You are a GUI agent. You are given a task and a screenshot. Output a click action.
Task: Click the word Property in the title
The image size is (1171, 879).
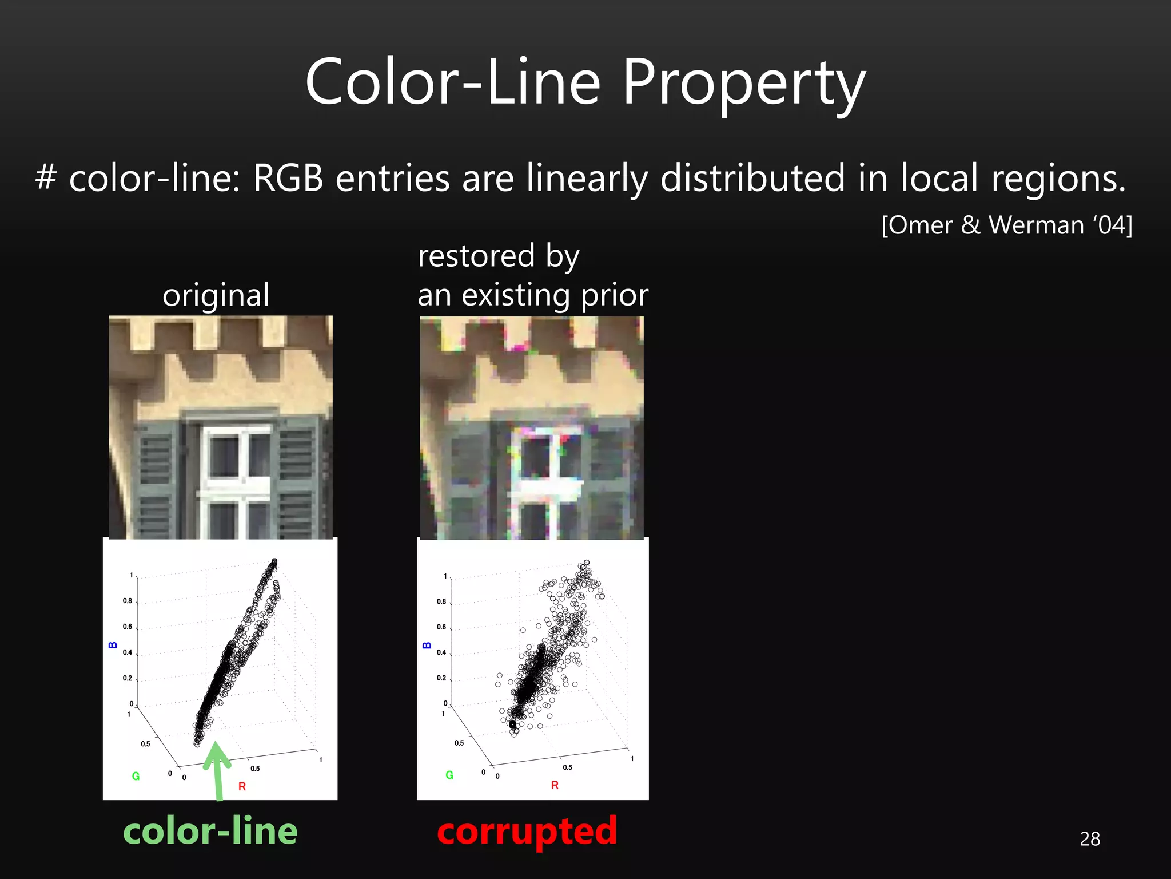[x=743, y=83]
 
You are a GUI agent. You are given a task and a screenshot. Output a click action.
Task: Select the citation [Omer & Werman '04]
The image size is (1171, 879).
[x=1006, y=225]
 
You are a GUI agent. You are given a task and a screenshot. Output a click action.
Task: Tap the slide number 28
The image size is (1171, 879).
[x=1090, y=838]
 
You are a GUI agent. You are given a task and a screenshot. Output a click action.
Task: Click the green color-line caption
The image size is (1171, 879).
[x=210, y=831]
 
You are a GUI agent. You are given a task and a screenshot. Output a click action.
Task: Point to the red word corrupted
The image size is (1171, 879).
[x=527, y=831]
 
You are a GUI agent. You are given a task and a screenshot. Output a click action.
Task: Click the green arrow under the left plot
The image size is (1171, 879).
[x=217, y=770]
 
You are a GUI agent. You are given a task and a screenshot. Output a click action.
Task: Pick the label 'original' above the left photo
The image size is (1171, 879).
[x=216, y=295]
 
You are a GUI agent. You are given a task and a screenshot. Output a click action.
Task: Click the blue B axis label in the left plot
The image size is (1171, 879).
[x=113, y=645]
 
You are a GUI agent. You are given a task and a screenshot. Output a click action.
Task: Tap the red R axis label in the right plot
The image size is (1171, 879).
[x=555, y=785]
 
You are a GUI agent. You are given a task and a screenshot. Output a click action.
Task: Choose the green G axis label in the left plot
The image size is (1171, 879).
[x=136, y=776]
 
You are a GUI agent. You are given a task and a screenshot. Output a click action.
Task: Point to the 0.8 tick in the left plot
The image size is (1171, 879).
[x=127, y=601]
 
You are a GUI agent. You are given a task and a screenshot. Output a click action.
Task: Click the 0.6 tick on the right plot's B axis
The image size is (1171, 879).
[x=441, y=627]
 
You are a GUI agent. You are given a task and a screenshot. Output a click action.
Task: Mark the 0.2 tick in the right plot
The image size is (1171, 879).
[x=441, y=678]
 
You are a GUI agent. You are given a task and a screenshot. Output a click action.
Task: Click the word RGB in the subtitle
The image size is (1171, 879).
[x=288, y=178]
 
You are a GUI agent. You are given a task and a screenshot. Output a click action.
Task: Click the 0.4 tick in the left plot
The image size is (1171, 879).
[x=127, y=652]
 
